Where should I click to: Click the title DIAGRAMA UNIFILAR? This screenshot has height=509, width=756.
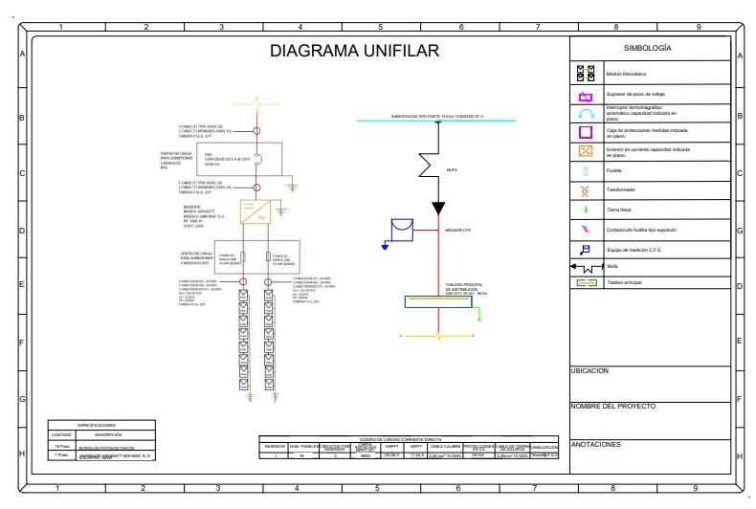point(353,51)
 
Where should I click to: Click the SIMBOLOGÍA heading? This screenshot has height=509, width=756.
point(647,48)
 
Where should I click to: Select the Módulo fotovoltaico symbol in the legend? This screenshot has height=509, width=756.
point(587,72)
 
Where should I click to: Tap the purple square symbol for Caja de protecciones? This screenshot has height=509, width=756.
point(587,132)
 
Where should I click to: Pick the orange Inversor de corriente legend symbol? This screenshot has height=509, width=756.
point(587,151)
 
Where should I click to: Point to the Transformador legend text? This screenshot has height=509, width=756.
point(623,190)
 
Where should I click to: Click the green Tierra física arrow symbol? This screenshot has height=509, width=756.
point(587,210)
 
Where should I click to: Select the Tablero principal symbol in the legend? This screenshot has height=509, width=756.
point(587,283)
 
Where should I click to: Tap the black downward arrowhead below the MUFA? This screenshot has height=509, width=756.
point(438,209)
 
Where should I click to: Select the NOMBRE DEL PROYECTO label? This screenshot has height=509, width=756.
point(612,407)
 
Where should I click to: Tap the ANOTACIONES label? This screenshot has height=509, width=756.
point(596,444)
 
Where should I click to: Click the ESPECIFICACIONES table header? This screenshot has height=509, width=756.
point(97,424)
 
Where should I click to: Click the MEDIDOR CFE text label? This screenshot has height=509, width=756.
point(459,231)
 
